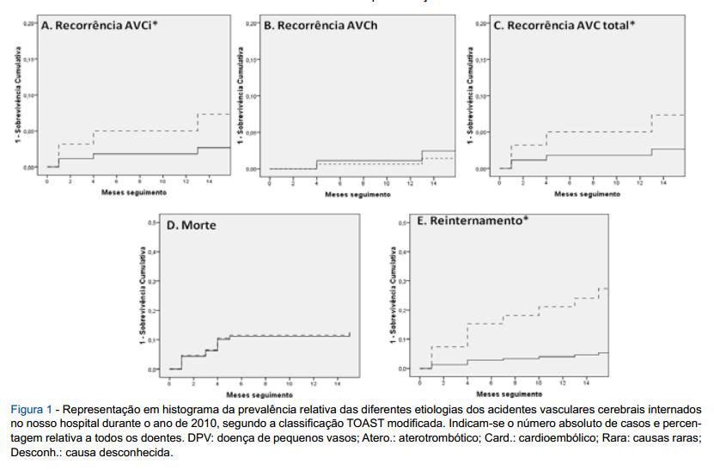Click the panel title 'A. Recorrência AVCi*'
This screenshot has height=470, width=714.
[100, 25]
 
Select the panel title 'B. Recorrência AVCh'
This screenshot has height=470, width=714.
[320, 26]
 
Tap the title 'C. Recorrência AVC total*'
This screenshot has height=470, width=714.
[564, 26]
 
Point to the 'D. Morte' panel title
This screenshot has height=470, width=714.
[191, 226]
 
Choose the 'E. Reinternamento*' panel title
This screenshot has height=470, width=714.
[472, 222]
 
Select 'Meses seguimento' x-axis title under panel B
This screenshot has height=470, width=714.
[353, 194]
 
